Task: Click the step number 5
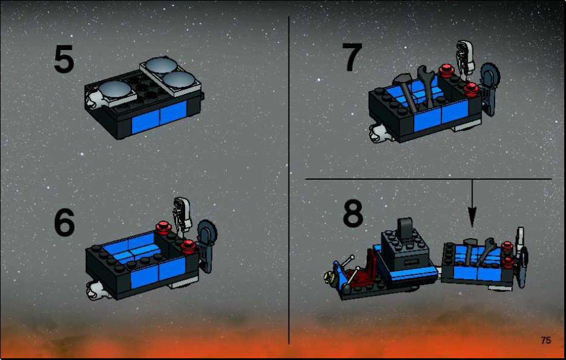pyautogui.click(x=64, y=60)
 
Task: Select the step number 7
pyautogui.click(x=352, y=57)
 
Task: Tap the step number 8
pyautogui.click(x=353, y=213)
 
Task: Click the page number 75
pyautogui.click(x=546, y=340)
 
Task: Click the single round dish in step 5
pyautogui.click(x=114, y=89)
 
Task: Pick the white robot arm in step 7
pyautogui.click(x=465, y=57)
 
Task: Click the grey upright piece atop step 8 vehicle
pyautogui.click(x=405, y=228)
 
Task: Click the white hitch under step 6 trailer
pyautogui.click(x=95, y=290)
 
